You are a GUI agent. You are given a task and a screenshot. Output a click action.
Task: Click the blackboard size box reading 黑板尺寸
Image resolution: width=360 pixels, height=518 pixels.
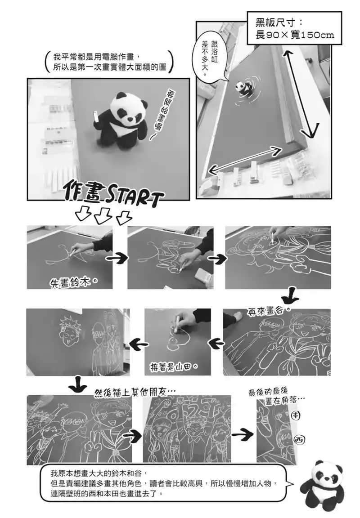(x=294, y=28)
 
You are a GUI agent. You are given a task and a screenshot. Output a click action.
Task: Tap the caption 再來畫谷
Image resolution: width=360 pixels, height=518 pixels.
(x=269, y=311)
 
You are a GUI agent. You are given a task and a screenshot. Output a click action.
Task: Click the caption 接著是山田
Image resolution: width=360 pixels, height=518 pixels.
(x=175, y=367)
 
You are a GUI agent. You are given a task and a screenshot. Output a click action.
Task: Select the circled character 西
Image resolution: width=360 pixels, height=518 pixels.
(x=299, y=439)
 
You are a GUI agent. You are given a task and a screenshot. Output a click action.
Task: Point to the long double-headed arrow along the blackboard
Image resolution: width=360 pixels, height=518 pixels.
(x=301, y=94)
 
